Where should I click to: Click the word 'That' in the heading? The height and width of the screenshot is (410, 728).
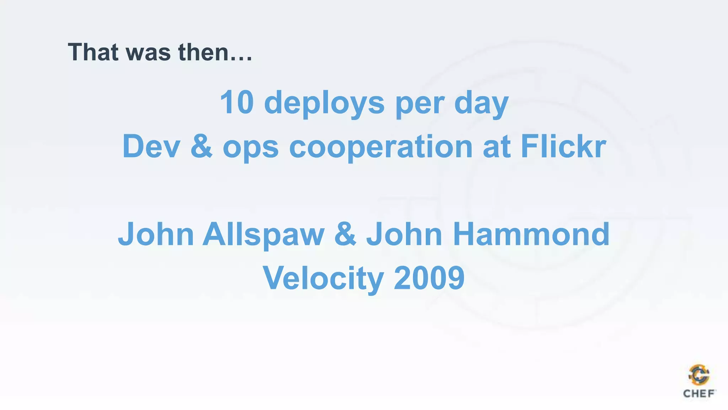pos(93,52)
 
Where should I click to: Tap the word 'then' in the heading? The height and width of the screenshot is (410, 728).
pos(203,52)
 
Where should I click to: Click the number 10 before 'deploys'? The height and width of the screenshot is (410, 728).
pos(237,102)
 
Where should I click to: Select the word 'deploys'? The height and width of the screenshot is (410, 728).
pos(324,103)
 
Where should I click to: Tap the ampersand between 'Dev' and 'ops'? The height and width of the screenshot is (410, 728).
pos(202,146)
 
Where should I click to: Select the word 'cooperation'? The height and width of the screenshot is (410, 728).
pos(381,147)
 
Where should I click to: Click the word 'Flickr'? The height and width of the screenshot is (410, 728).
pos(563,146)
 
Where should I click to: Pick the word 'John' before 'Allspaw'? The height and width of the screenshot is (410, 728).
pos(156,234)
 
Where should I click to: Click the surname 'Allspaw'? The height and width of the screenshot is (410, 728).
pos(263,235)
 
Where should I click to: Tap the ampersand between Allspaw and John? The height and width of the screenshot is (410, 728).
pos(345,234)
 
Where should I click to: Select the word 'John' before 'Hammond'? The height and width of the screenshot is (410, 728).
pos(404,234)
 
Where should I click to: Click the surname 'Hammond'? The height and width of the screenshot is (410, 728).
pos(531,234)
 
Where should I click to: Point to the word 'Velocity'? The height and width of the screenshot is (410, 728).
pos(323,279)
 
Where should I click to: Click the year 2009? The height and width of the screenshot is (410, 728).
pos(429,278)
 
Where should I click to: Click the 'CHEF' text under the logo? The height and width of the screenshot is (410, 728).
pos(699,394)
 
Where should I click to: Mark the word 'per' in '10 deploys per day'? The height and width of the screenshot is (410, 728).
pos(419,104)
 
